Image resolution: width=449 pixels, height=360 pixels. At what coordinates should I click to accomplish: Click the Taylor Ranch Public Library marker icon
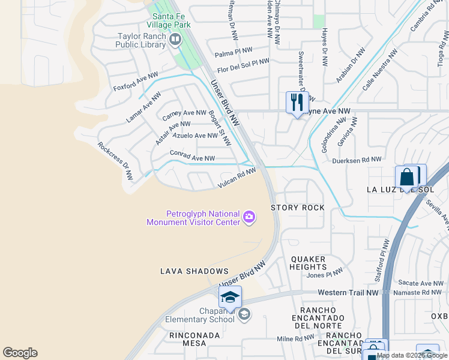175,40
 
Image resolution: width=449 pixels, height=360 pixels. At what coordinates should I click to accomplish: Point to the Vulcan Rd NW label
237,179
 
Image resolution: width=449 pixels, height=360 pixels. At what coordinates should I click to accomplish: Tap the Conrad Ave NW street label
192,156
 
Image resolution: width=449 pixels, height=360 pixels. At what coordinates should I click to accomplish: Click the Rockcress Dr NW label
115,161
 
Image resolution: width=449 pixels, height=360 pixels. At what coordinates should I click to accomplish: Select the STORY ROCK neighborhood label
298,208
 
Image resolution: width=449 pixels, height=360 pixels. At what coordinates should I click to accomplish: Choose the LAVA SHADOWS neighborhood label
194,272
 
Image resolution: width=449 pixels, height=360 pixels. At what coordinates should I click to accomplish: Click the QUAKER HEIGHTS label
309,263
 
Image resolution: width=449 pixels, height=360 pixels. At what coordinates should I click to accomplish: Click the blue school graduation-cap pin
230,296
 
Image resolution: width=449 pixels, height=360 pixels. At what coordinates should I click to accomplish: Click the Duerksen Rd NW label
351,160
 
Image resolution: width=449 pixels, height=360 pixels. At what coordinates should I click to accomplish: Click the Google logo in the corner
20,353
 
